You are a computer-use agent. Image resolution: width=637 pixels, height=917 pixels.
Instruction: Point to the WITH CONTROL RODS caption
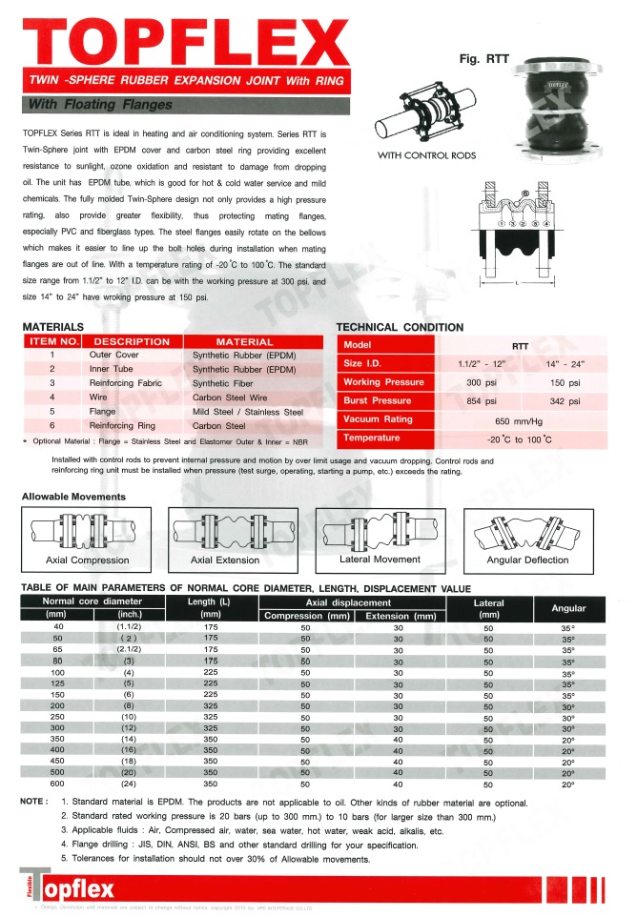427,155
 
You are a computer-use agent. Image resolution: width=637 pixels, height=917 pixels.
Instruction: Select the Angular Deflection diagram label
527,560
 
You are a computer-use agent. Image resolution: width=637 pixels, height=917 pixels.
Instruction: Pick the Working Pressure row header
383,382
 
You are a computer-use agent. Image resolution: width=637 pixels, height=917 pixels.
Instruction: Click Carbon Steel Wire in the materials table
230,397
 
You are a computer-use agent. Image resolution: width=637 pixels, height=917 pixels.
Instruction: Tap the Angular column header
568,608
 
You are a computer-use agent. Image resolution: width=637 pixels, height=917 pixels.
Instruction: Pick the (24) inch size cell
129,784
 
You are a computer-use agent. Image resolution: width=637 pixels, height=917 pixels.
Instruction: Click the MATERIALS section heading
57,327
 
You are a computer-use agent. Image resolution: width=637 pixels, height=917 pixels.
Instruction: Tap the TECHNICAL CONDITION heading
401,327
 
